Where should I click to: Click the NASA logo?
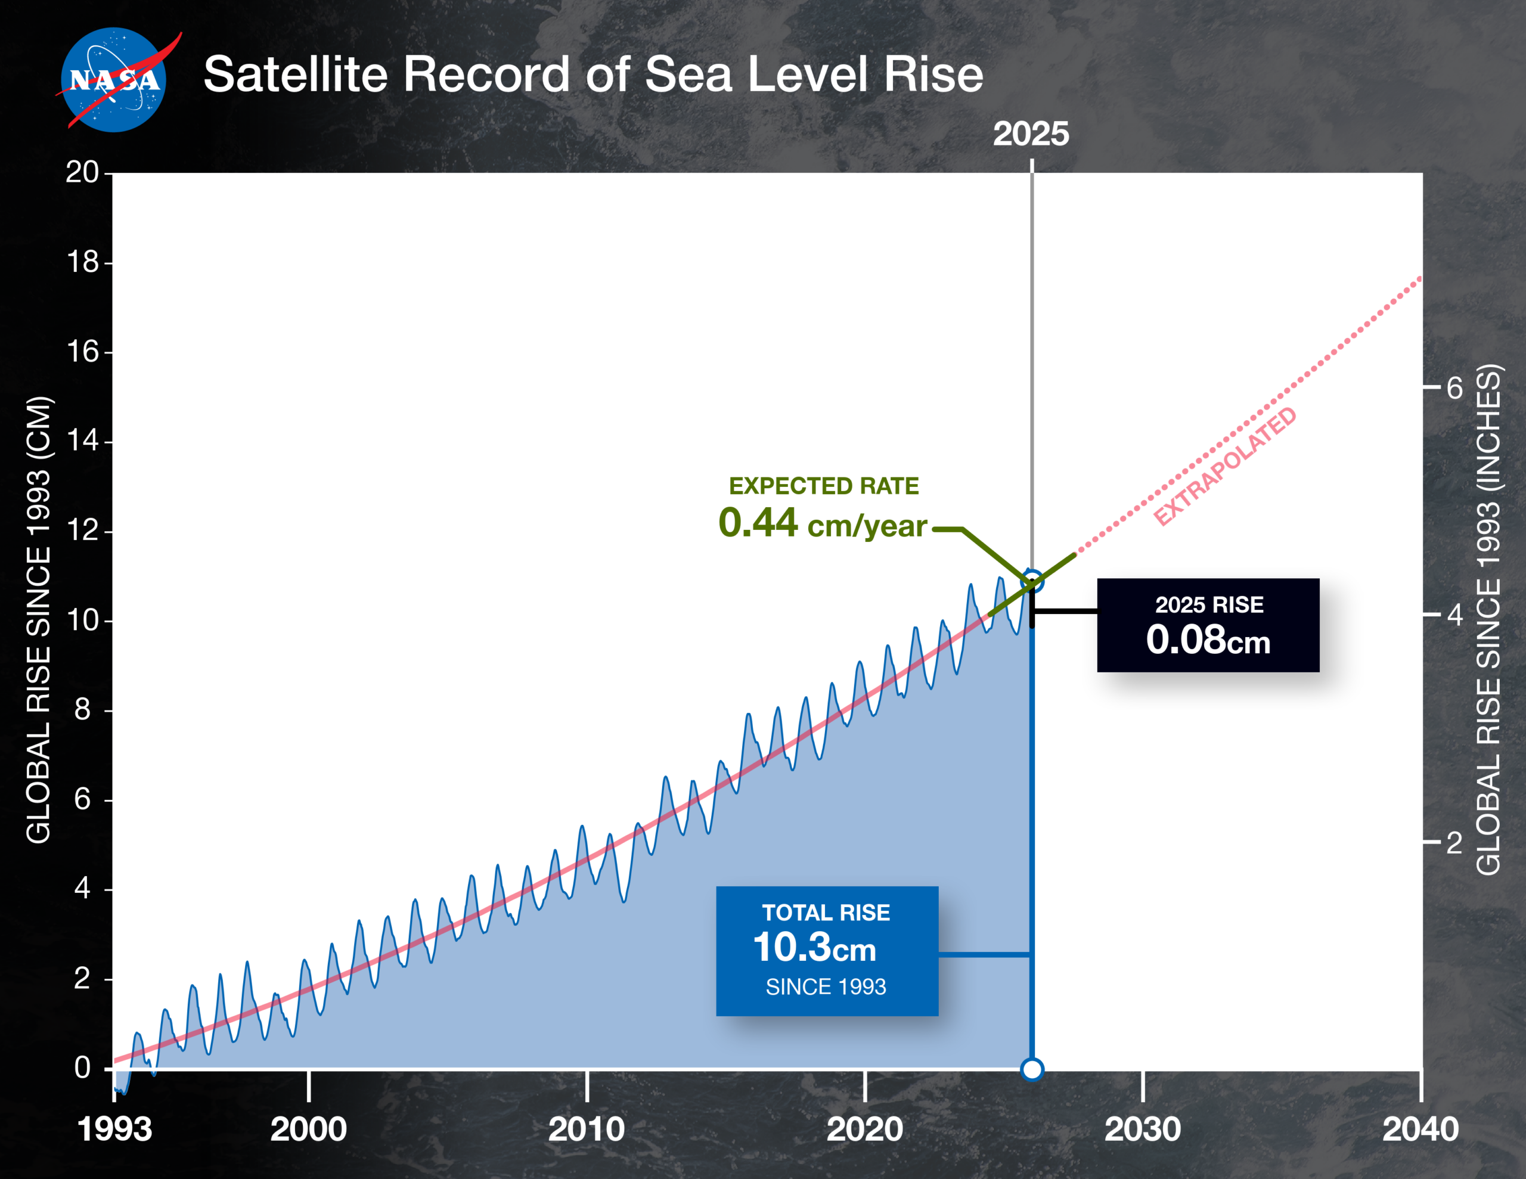114,80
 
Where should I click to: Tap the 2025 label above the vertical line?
1031,134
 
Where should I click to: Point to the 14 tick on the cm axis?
82,441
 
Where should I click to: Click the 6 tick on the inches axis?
1454,387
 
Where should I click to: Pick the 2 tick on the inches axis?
1454,843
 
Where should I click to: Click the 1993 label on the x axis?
114,1130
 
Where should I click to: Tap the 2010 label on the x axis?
586,1130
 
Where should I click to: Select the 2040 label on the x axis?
1420,1130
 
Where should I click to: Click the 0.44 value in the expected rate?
758,523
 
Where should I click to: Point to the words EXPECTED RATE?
824,486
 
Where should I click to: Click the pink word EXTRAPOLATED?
1225,466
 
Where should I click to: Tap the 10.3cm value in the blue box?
814,948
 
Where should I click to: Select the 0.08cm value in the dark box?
1208,640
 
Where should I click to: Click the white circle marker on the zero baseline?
1032,1069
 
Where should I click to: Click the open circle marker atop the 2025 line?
1032,581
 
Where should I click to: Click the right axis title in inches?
1488,620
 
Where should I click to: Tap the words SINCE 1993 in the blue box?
825,987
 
